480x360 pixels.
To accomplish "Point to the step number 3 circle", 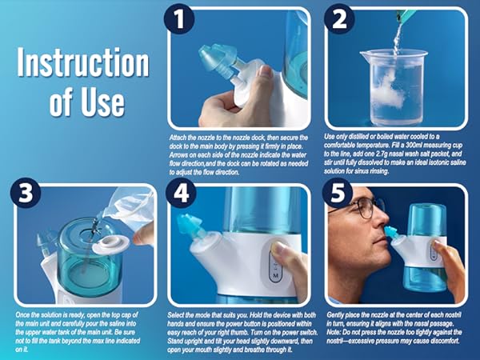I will point(25,195).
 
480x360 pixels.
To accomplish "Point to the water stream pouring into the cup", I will point(398,36).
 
